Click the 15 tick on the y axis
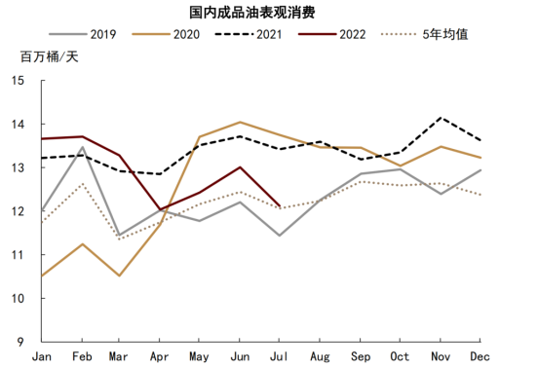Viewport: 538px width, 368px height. (19, 81)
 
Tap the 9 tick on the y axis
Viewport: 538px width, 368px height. (21, 342)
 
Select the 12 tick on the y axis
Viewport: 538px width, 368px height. (19, 211)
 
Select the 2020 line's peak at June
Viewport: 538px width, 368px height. (241, 122)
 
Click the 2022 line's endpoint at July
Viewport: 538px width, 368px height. (281, 205)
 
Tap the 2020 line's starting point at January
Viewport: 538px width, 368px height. (41, 276)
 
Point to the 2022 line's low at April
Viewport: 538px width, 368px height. (161, 209)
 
